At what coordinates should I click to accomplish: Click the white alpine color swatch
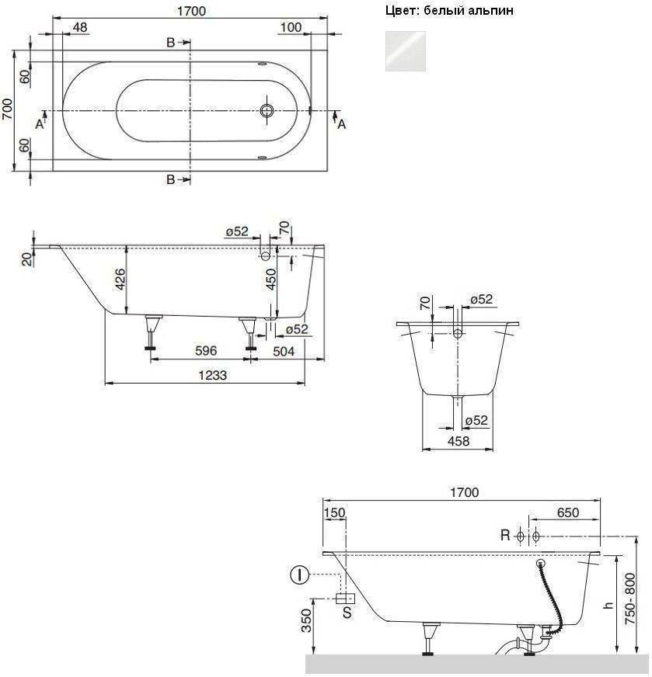click(x=406, y=51)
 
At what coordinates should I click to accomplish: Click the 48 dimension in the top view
click(x=80, y=27)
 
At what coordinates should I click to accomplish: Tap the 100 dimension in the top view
click(x=291, y=27)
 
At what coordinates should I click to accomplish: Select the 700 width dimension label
click(x=7, y=109)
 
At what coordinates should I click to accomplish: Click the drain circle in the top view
click(x=267, y=110)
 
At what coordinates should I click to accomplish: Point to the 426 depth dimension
click(x=120, y=279)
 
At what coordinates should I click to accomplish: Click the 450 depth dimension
click(x=271, y=279)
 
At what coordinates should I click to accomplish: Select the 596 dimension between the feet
click(x=206, y=351)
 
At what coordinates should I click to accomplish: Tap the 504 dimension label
click(x=284, y=352)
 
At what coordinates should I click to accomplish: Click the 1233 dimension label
click(x=213, y=375)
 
